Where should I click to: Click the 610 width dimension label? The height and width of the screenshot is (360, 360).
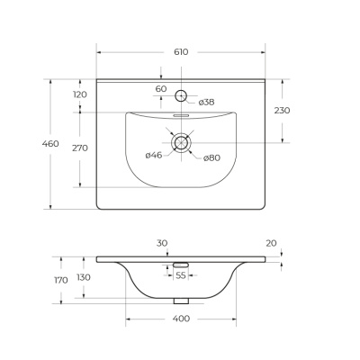(x=181, y=52)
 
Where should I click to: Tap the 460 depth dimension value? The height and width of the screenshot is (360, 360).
(x=50, y=144)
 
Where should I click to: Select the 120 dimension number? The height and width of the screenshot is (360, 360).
(x=80, y=94)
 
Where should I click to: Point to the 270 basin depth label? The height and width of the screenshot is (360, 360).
(x=80, y=148)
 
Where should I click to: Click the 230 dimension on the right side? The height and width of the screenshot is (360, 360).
(x=282, y=111)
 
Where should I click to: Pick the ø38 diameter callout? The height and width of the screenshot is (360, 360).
(x=207, y=103)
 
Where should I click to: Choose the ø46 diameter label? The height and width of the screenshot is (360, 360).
(x=154, y=155)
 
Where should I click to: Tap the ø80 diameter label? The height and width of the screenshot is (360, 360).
(x=211, y=157)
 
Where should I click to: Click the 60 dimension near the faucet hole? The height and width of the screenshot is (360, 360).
(x=161, y=89)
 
